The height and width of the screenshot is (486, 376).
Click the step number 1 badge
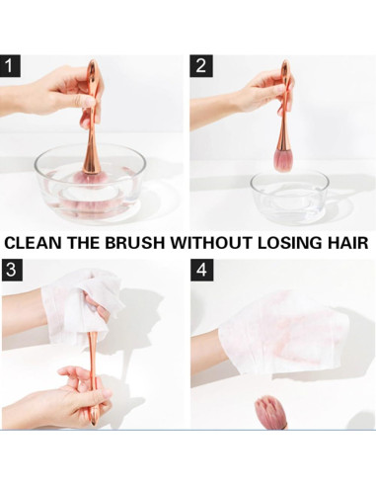click(x=10, y=66)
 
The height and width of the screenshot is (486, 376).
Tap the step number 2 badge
click(x=201, y=66)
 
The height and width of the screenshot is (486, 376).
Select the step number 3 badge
click(x=12, y=270)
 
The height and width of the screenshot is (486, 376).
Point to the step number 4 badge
click(x=201, y=270)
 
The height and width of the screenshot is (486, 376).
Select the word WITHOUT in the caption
click(x=211, y=243)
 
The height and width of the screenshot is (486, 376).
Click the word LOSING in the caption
click(x=290, y=243)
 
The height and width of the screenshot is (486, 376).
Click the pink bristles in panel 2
click(x=284, y=160)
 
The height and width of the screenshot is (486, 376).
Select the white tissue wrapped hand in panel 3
click(x=82, y=306)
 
